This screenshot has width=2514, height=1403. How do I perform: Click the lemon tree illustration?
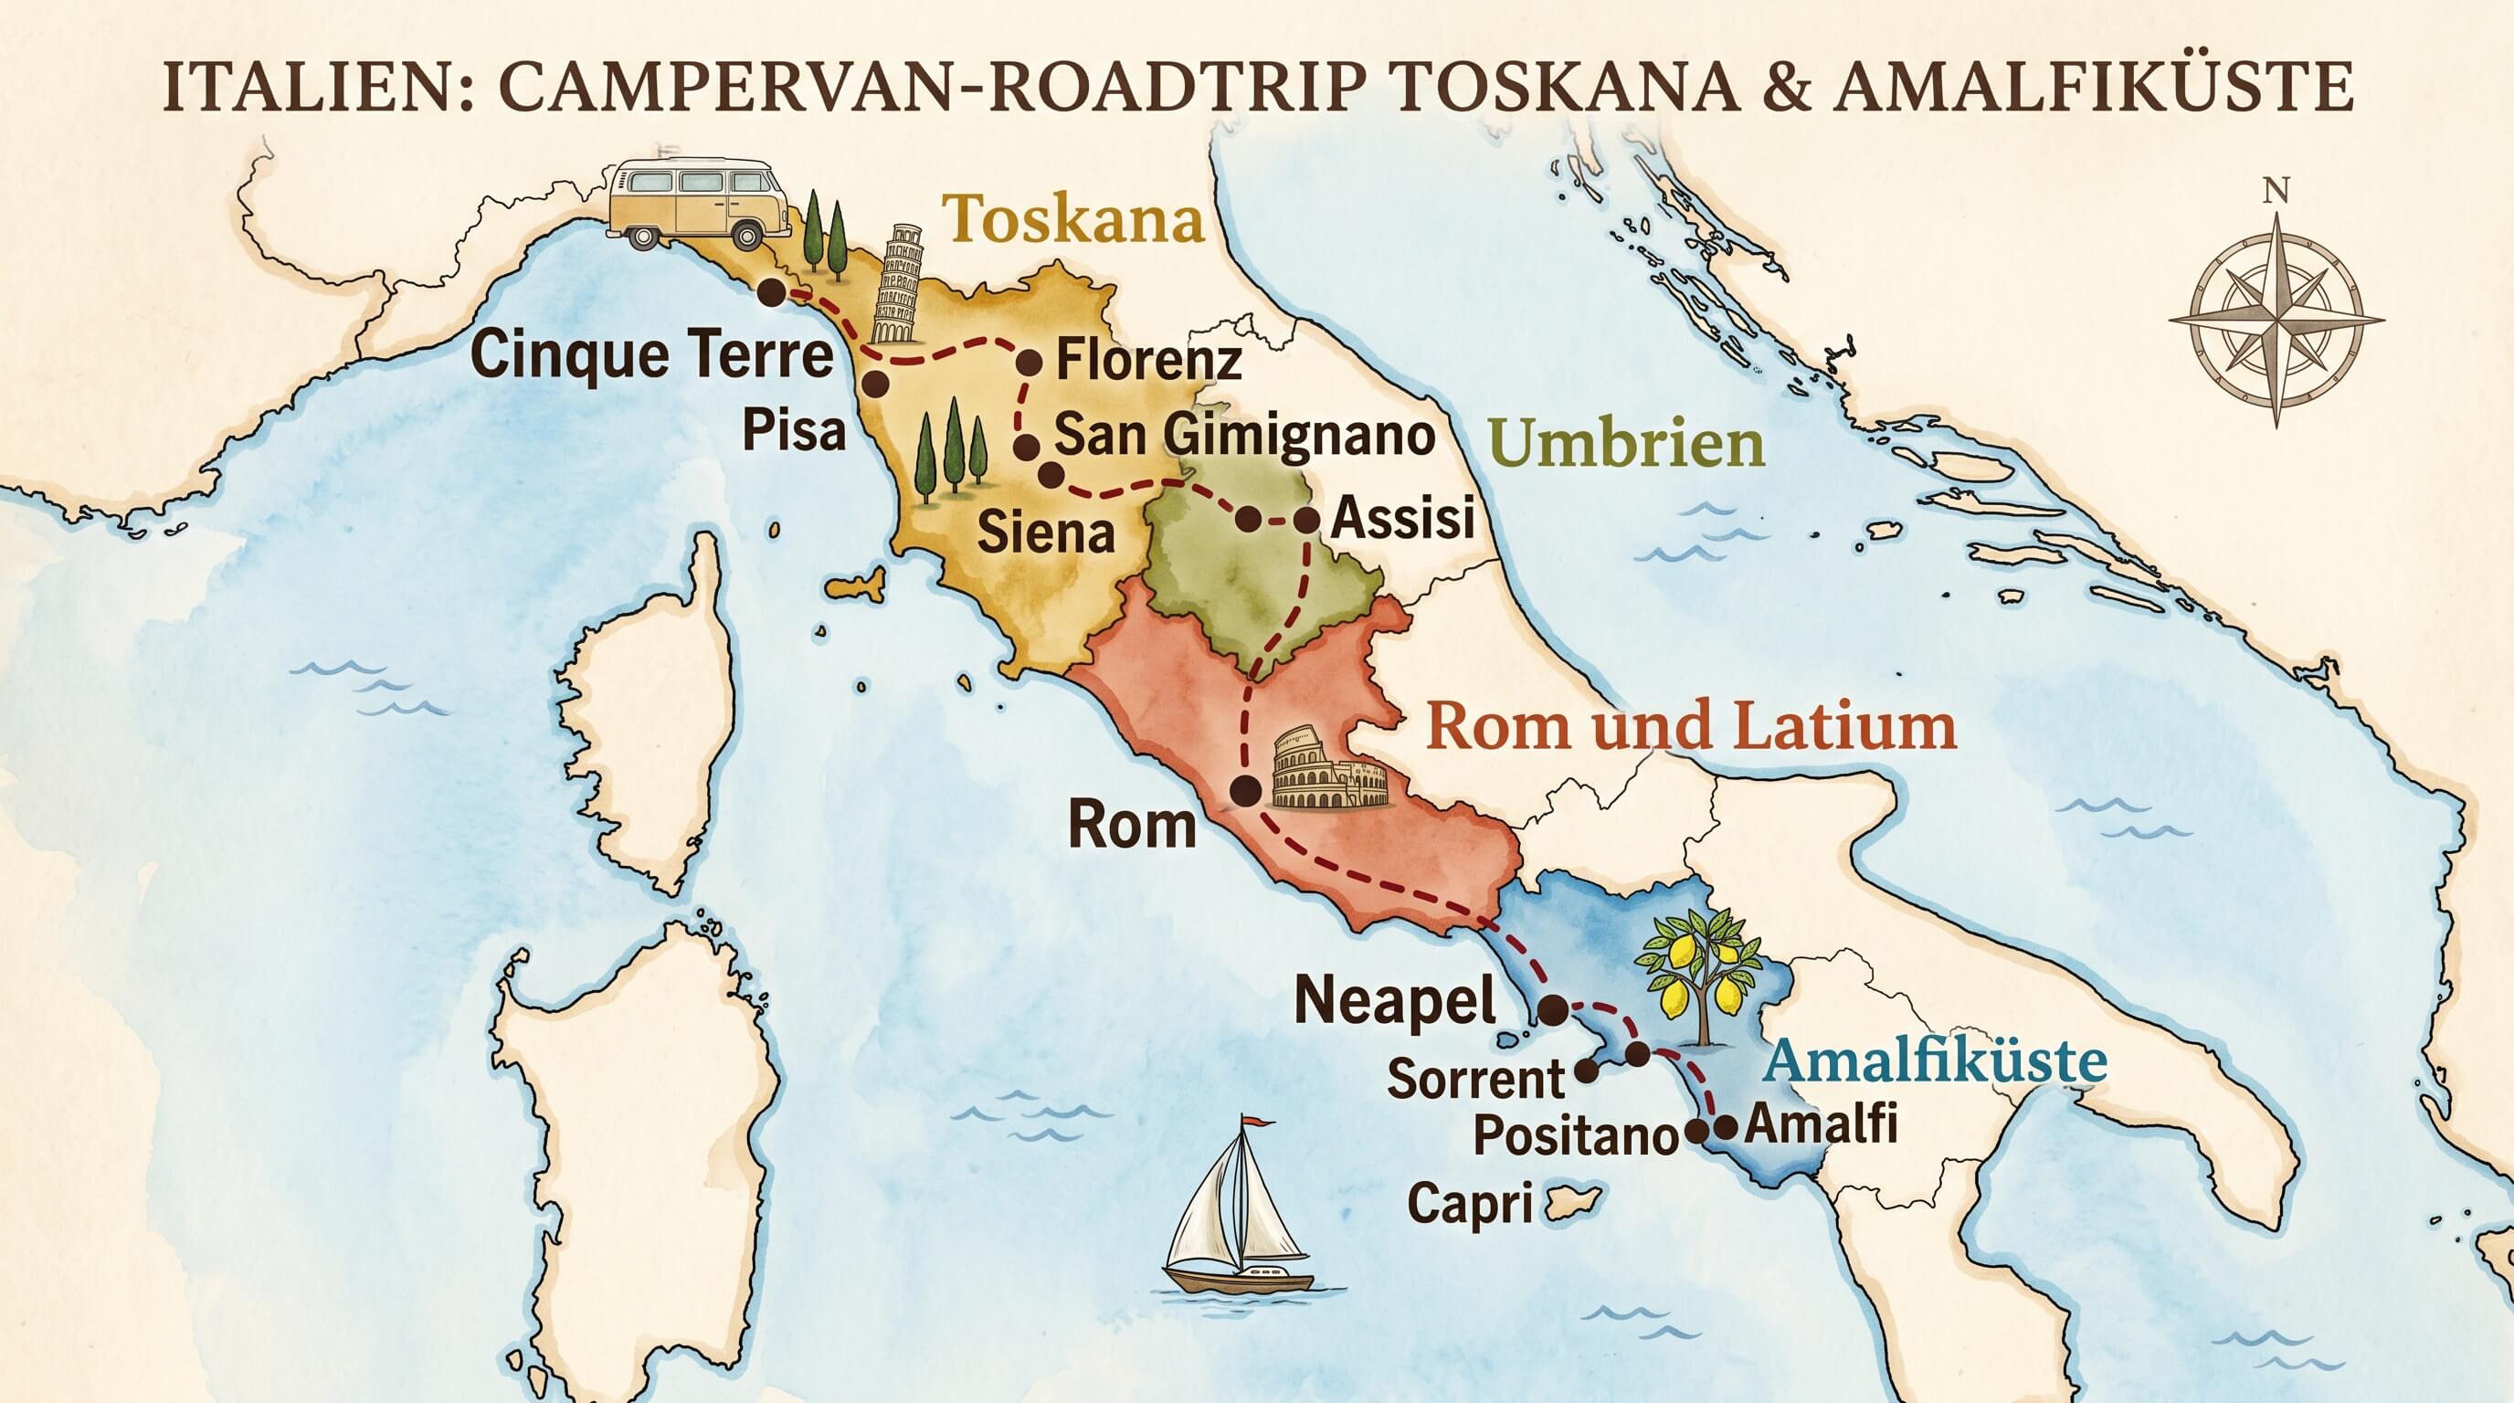pos(1702,976)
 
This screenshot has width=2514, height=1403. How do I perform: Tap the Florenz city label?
pos(1148,360)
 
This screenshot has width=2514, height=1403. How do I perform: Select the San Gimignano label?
pos(1244,434)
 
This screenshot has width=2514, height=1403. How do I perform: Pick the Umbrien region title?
pos(1628,445)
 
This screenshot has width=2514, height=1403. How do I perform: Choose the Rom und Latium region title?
pos(1691,727)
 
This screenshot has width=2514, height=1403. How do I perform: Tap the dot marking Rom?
pos(1244,791)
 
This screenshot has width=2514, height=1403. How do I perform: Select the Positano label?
pos(1574,1136)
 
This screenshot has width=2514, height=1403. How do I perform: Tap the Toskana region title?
pos(1073,218)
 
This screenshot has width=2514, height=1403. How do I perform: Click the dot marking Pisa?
pos(874,384)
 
